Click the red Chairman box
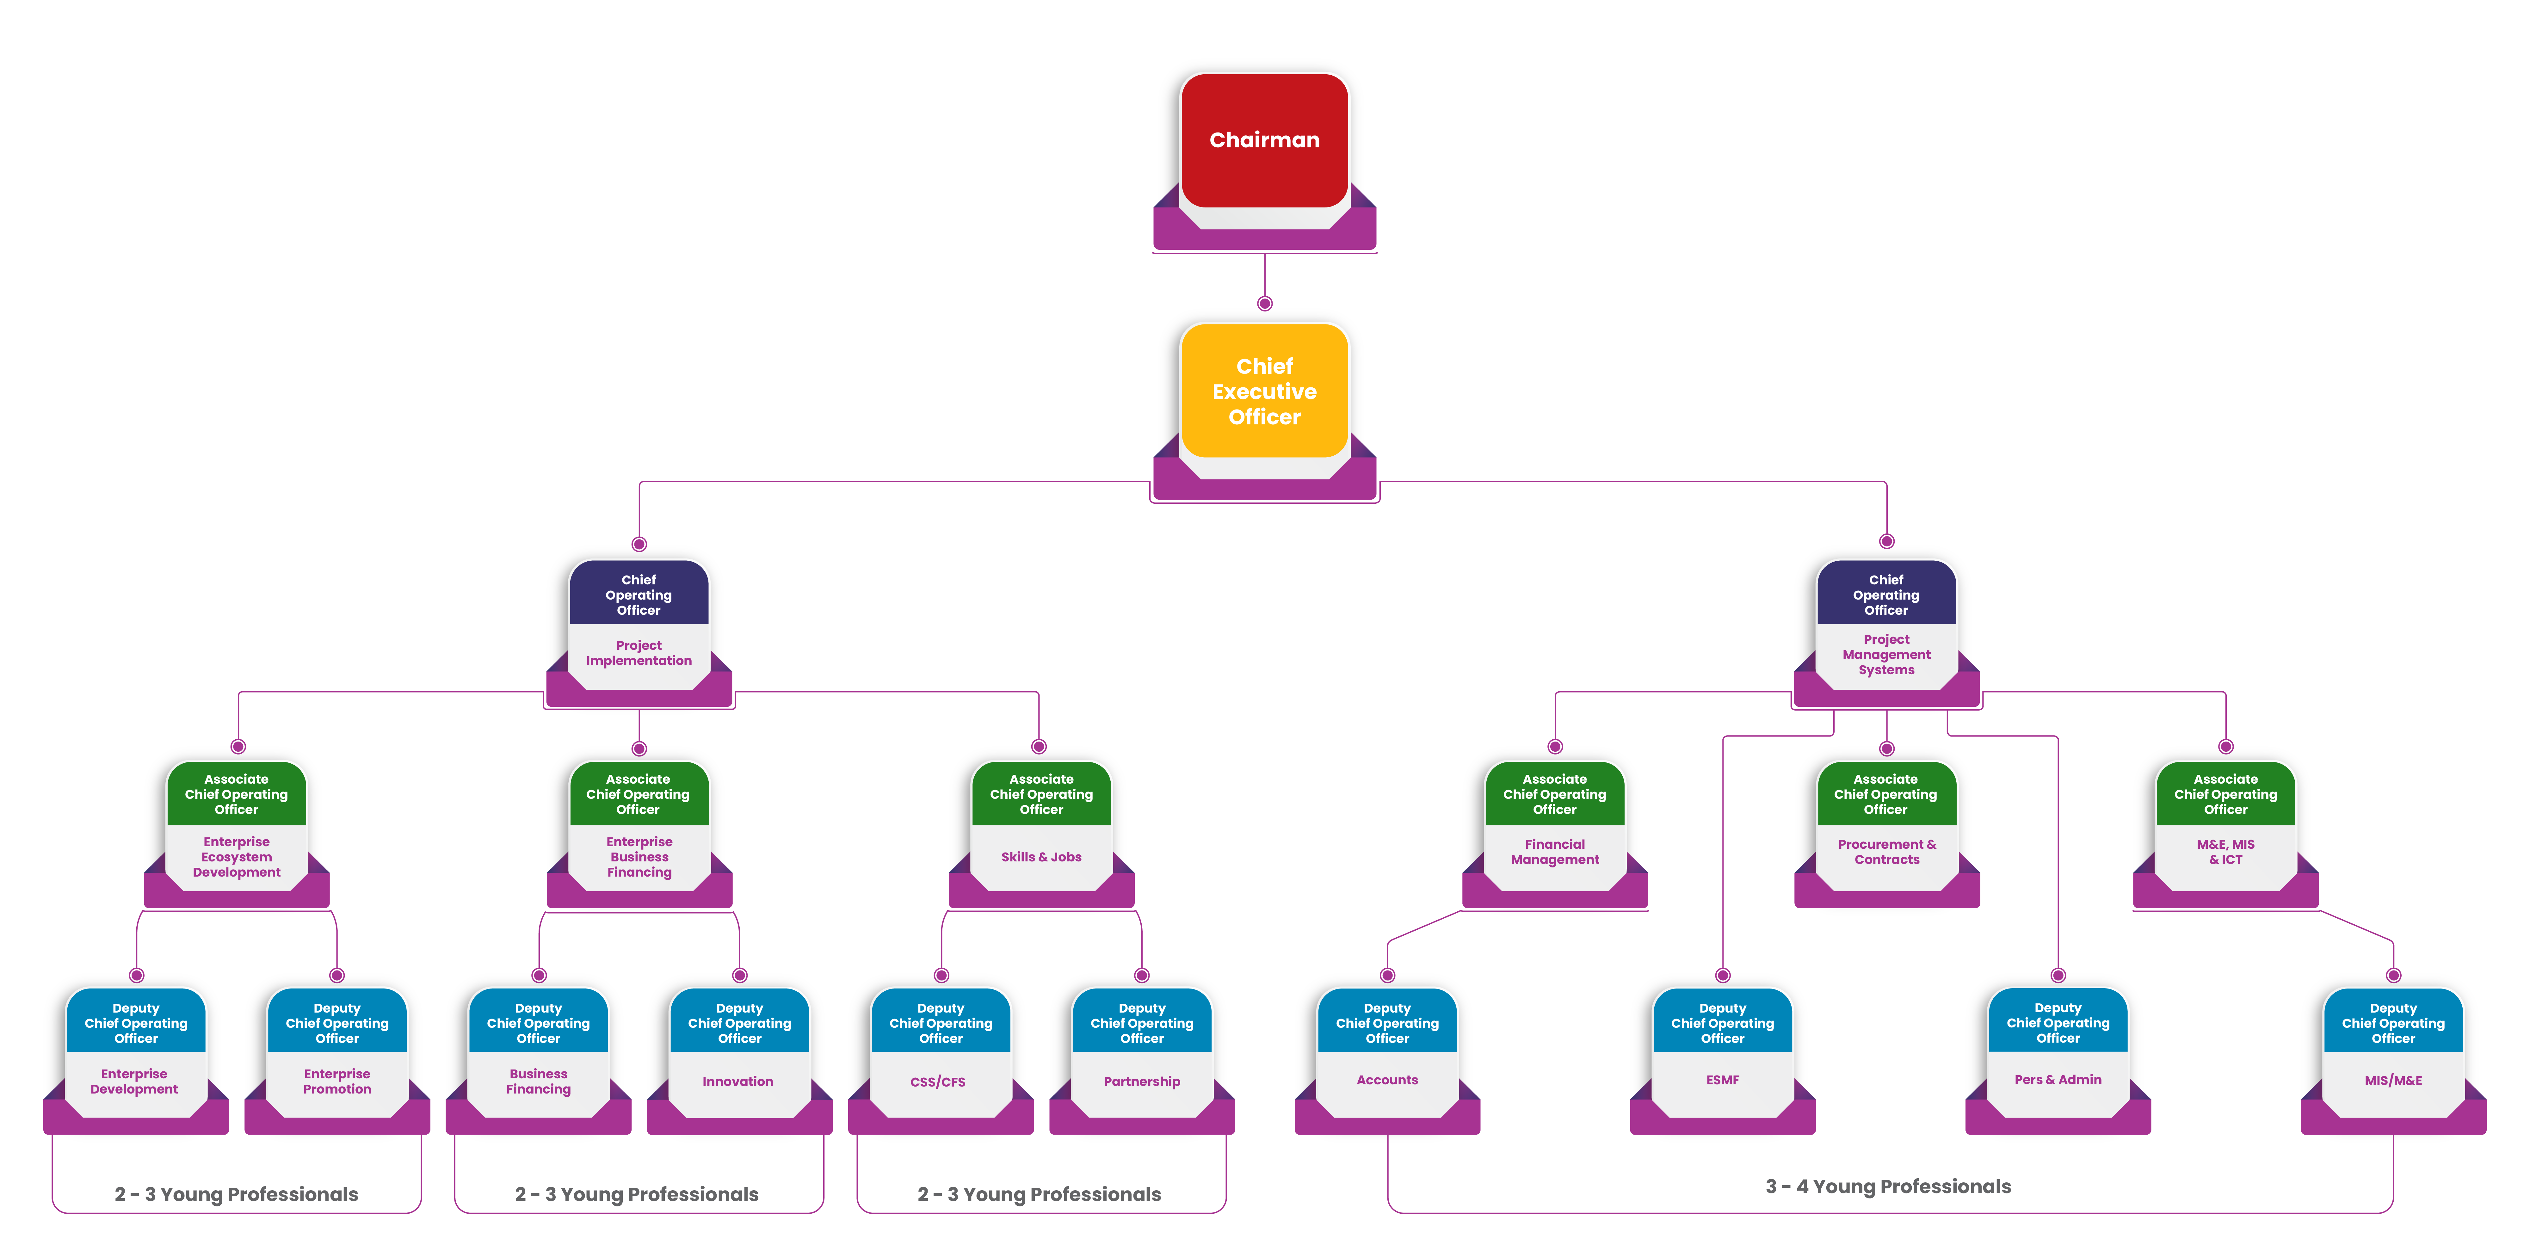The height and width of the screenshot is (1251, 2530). coord(1264,140)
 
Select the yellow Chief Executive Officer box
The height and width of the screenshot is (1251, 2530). coord(1264,391)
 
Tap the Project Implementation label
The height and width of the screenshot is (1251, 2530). coord(639,653)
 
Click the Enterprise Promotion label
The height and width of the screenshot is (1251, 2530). coord(337,1081)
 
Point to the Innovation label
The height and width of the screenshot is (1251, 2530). coord(737,1081)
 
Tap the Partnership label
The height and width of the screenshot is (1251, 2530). coord(1141,1081)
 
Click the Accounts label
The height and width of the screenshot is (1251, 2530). coord(1387,1079)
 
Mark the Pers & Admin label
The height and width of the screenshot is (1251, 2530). coord(2058,1079)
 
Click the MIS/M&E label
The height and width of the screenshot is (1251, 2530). coord(2392,1080)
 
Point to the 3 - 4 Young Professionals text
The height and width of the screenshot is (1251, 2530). coord(1888,1186)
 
